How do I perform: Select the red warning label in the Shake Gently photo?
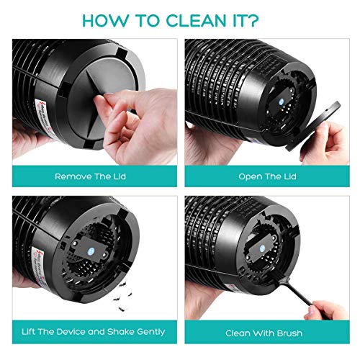pyautogui.click(x=24, y=277)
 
